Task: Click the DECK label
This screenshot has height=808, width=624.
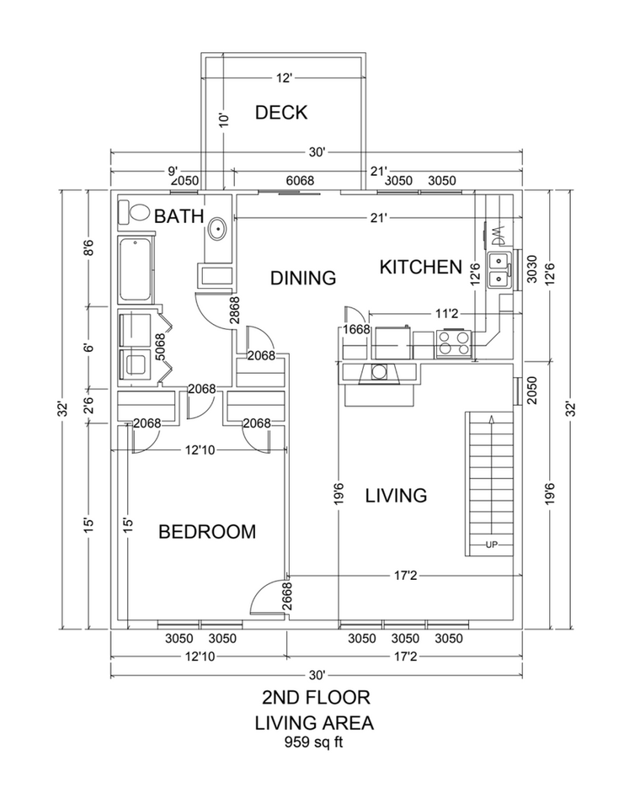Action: click(281, 112)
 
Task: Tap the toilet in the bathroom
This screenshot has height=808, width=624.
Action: click(132, 212)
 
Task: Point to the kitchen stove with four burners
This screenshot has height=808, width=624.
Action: click(455, 343)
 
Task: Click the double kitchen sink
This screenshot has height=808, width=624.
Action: click(499, 271)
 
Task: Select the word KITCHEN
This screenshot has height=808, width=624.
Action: click(421, 267)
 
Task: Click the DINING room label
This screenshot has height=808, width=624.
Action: click(303, 278)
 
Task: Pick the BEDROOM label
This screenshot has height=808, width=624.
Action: click(207, 531)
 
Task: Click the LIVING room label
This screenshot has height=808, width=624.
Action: click(396, 495)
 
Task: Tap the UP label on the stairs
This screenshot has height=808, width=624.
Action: click(492, 545)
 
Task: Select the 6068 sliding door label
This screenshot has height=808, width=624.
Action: click(300, 180)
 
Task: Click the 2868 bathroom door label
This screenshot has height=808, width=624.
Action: click(235, 310)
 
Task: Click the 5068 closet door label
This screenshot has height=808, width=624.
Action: click(160, 348)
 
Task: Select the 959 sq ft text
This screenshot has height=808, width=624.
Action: click(313, 742)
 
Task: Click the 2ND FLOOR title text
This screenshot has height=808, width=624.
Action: click(316, 697)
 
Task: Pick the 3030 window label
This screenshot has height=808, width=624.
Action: click(532, 268)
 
